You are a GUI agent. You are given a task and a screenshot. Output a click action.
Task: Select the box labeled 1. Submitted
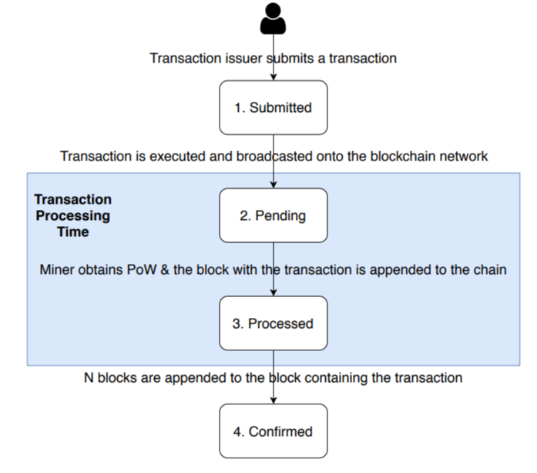(x=274, y=107)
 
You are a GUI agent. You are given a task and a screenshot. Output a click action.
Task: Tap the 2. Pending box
(x=274, y=216)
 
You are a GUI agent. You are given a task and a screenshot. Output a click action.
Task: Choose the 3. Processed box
(x=274, y=323)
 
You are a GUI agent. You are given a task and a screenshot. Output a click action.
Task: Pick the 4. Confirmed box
(x=274, y=431)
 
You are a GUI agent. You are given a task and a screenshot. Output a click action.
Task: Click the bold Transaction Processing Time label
(x=72, y=216)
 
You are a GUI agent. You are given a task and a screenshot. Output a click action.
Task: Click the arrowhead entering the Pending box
(x=274, y=185)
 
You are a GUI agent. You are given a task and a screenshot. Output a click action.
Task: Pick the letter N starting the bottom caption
(x=88, y=378)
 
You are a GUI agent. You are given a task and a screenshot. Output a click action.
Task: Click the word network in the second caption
(x=463, y=157)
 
